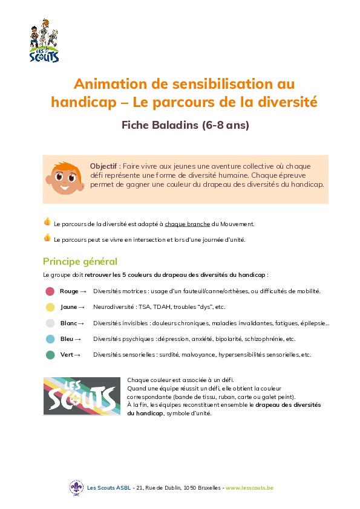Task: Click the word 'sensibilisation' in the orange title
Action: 207,83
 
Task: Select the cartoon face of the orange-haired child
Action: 63,178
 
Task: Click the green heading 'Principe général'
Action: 80,262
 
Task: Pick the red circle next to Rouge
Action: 50,291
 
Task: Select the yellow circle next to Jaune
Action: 50,307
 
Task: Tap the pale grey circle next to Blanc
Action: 50,323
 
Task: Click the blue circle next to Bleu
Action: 50,339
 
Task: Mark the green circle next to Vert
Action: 50,355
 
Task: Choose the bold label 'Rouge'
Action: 69,291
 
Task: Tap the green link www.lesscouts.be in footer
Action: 249,487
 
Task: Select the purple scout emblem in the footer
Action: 76,487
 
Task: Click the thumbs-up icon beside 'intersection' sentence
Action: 47,238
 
